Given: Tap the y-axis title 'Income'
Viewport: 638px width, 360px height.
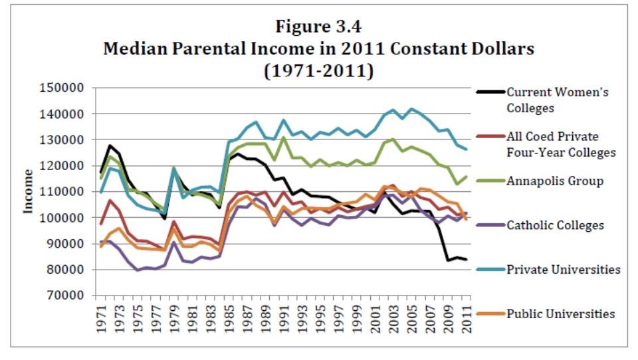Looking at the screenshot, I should coord(29,191).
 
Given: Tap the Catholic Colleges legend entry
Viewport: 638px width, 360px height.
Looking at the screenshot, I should coord(555,225).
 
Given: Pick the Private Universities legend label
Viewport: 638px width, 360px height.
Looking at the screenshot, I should coord(563,270).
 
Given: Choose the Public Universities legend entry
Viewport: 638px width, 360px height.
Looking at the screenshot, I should coord(560,314).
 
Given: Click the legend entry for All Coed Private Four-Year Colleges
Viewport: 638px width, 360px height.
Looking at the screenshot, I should coord(561,144).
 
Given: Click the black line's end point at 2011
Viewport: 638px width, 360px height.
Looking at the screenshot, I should coord(466,260).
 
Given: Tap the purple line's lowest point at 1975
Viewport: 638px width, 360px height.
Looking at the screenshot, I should coord(137,270).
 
